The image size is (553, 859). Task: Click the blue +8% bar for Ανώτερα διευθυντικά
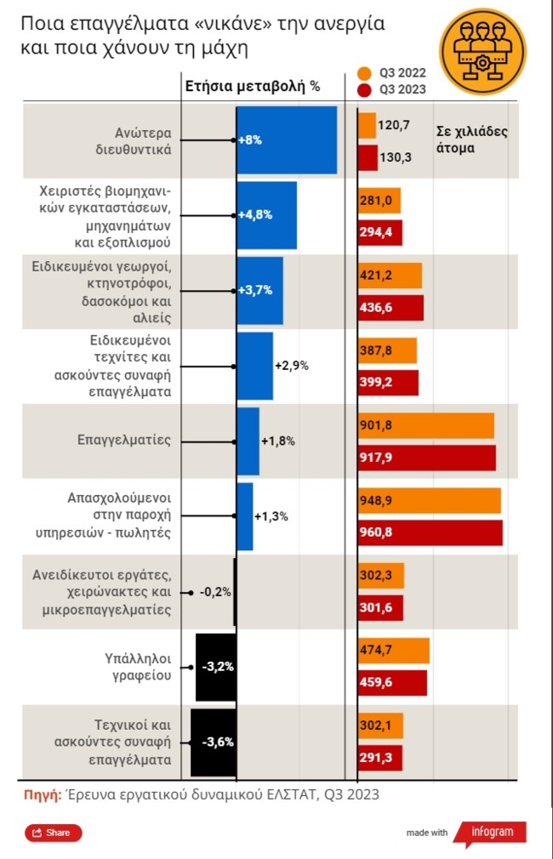tap(287, 140)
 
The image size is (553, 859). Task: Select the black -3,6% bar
tap(213, 741)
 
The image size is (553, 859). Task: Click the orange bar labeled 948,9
tap(429, 501)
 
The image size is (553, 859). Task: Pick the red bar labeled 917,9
tap(426, 458)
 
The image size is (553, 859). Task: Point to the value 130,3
tap(394, 157)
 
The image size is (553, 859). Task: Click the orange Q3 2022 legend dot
tap(364, 73)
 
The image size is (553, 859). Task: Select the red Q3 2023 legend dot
tap(364, 89)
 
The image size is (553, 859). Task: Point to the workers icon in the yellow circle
tap(483, 52)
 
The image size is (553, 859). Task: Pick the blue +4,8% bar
tap(266, 215)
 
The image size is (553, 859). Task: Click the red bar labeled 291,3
tap(379, 758)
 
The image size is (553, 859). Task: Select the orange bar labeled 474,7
tap(393, 651)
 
